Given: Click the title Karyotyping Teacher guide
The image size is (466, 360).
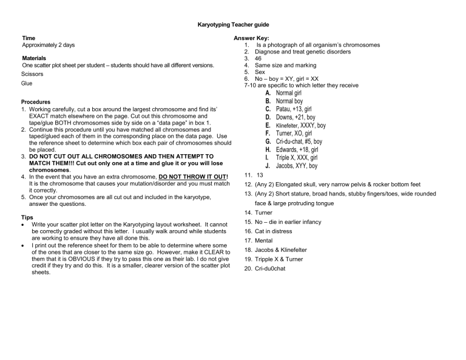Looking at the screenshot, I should (x=233, y=25).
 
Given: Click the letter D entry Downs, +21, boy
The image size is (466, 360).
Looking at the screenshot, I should (x=295, y=117).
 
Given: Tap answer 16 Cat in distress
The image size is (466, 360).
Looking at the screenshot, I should (x=273, y=231).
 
